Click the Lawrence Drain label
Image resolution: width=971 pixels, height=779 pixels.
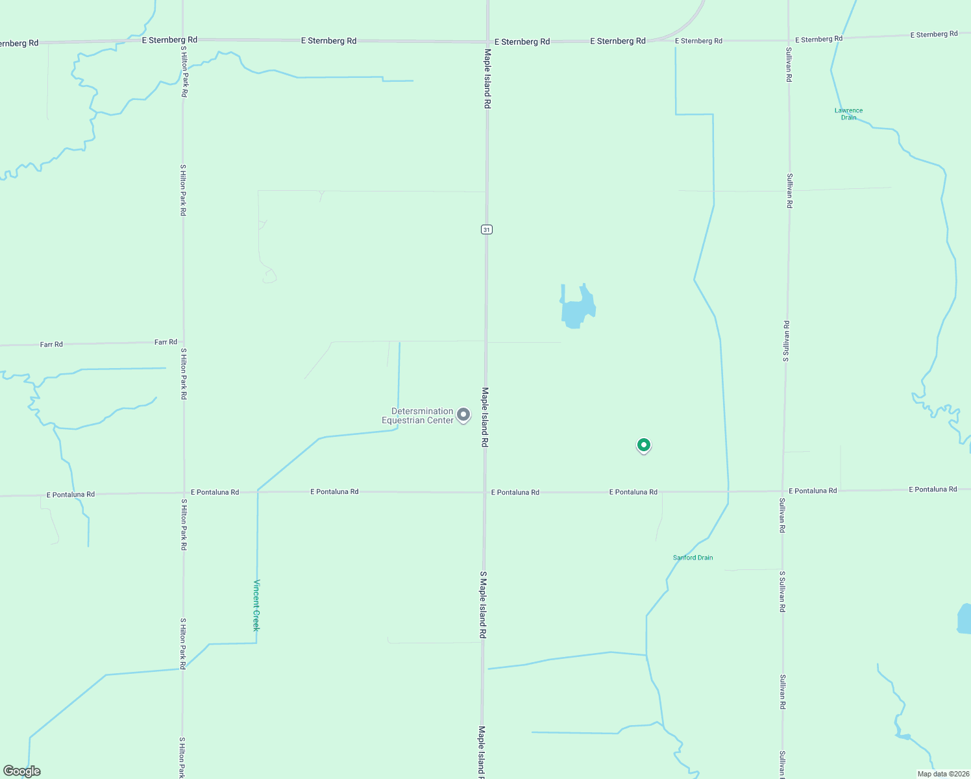point(848,114)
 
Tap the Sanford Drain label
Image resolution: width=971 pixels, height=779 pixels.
point(693,558)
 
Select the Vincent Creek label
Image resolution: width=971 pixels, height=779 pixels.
point(256,605)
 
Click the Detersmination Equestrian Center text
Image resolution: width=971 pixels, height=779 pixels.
point(418,415)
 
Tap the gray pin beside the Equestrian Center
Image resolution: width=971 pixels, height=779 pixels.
point(463,414)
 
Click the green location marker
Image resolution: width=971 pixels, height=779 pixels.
point(643,445)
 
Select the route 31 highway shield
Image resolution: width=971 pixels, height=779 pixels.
point(487,229)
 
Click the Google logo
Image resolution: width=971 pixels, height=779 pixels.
point(22,771)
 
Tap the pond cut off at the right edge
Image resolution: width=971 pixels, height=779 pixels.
point(964,619)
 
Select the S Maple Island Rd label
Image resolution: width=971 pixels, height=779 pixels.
point(483,605)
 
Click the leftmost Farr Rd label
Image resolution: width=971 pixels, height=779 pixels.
point(51,344)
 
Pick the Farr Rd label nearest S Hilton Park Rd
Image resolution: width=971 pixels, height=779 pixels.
point(166,342)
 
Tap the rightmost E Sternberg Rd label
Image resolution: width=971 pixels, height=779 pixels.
point(933,34)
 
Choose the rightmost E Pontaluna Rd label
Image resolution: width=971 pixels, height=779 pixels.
point(933,489)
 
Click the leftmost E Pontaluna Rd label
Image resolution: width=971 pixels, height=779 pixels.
point(71,495)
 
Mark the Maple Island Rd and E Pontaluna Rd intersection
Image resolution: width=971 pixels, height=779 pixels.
point(485,492)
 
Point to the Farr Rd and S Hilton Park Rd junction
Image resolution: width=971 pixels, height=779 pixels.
point(183,342)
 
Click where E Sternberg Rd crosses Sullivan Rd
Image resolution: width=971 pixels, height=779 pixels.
point(789,39)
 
